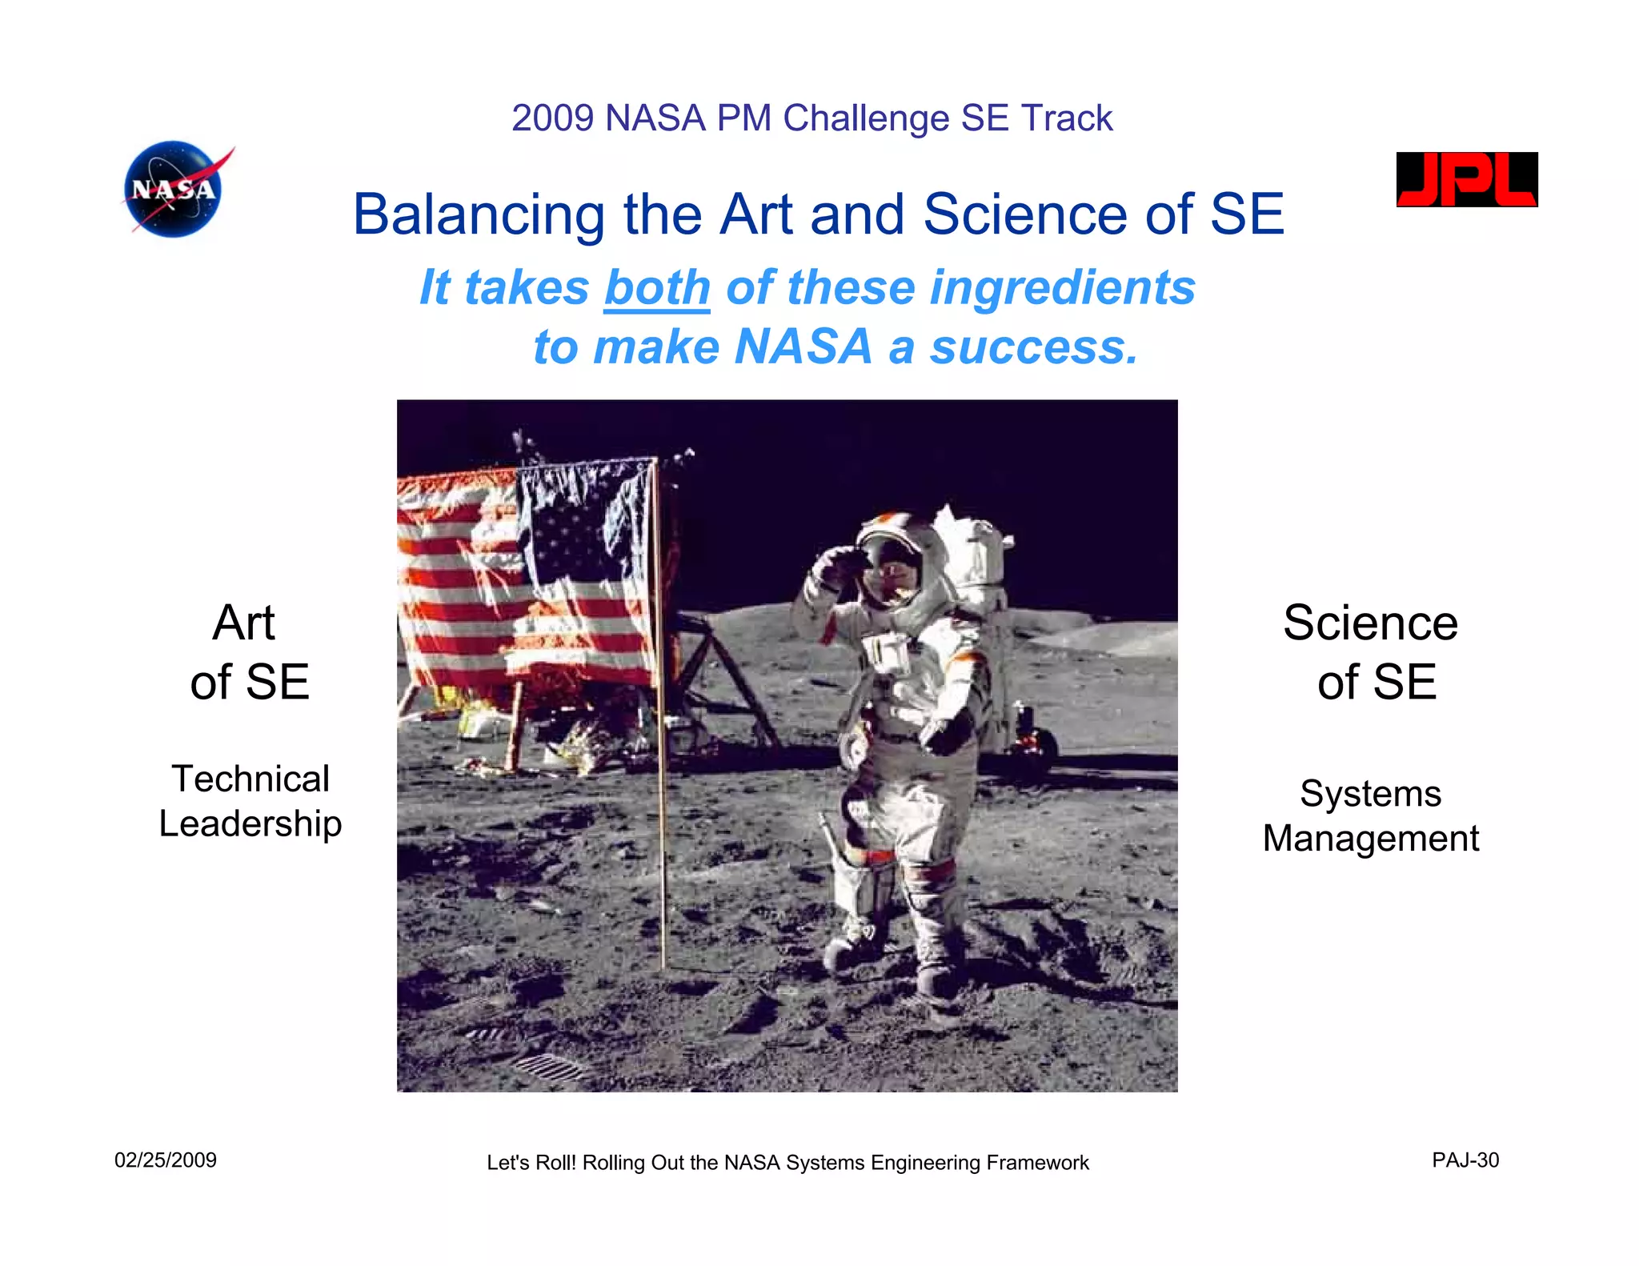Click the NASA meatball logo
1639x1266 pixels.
click(174, 190)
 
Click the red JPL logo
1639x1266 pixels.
click(1466, 179)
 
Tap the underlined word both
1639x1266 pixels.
click(657, 288)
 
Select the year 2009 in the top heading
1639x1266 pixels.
click(552, 118)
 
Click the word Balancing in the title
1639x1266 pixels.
click(478, 215)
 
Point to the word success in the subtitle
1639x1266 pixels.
click(1032, 347)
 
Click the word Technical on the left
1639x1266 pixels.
click(250, 779)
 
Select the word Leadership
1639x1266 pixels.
click(250, 823)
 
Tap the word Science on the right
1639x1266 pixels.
click(1370, 623)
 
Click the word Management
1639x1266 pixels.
click(1370, 839)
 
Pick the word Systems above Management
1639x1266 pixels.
click(1370, 794)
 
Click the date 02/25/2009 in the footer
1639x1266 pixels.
click(166, 1160)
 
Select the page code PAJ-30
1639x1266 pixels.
click(1465, 1160)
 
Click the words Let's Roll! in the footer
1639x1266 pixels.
click(531, 1163)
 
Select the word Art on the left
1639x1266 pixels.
click(243, 623)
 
